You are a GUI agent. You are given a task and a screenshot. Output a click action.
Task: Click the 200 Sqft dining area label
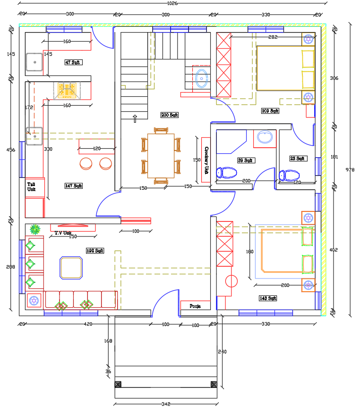[x=169, y=115]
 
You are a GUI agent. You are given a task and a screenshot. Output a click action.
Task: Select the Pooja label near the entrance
[x=195, y=306]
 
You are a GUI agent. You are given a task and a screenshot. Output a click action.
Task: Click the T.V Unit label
[x=63, y=233]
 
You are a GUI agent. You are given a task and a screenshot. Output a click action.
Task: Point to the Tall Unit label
[x=32, y=186]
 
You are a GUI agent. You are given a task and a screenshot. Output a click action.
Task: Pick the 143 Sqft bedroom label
[x=267, y=298]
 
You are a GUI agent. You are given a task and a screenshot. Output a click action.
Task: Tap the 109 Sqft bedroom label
[x=270, y=111]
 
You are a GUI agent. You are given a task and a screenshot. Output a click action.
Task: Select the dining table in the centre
[x=161, y=156]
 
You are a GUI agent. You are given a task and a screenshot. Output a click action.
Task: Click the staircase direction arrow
[x=134, y=118]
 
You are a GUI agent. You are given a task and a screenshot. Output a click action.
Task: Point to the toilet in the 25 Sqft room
[x=289, y=176]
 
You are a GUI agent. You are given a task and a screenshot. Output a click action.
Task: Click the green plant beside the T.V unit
[x=34, y=230]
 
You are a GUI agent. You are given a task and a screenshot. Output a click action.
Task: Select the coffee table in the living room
[x=71, y=268]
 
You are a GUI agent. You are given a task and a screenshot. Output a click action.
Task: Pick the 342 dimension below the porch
[x=165, y=404]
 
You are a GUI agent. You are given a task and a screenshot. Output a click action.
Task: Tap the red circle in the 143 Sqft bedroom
[x=231, y=281]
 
